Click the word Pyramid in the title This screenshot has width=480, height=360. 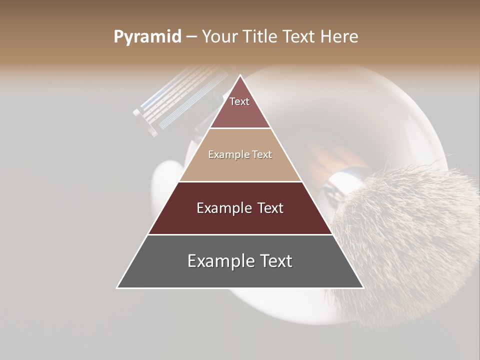pyautogui.click(x=147, y=37)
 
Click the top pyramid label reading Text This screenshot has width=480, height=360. pyautogui.click(x=239, y=102)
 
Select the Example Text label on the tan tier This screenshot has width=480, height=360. pyautogui.click(x=240, y=155)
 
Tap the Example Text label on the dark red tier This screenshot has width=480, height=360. pyautogui.click(x=240, y=208)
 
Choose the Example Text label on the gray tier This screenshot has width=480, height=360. pyautogui.click(x=240, y=261)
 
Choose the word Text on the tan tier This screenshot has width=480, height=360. pyautogui.click(x=262, y=155)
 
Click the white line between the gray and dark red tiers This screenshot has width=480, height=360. pyautogui.click(x=240, y=234)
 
